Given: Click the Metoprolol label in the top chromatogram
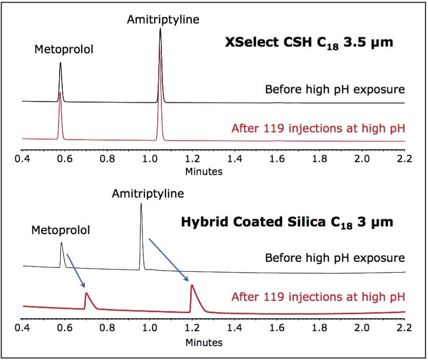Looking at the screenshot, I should tap(63, 50).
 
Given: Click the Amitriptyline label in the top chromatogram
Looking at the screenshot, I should tap(163, 20).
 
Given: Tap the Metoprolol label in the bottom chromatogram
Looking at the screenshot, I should tap(60, 230).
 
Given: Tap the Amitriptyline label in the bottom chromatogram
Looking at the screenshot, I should tap(147, 194).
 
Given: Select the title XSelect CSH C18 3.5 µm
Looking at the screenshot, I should tap(309, 42).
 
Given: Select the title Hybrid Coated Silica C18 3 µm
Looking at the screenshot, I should tap(287, 222).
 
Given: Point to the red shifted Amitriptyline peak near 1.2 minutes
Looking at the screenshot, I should tap(192, 289).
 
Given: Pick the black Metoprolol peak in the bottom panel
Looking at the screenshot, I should tap(61, 245).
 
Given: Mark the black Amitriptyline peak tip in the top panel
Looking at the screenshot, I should tap(160, 30).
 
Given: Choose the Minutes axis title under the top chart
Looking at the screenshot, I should tap(203, 172).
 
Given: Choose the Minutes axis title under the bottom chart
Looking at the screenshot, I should tap(203, 342).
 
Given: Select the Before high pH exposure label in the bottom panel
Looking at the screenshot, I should tap(334, 258).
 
